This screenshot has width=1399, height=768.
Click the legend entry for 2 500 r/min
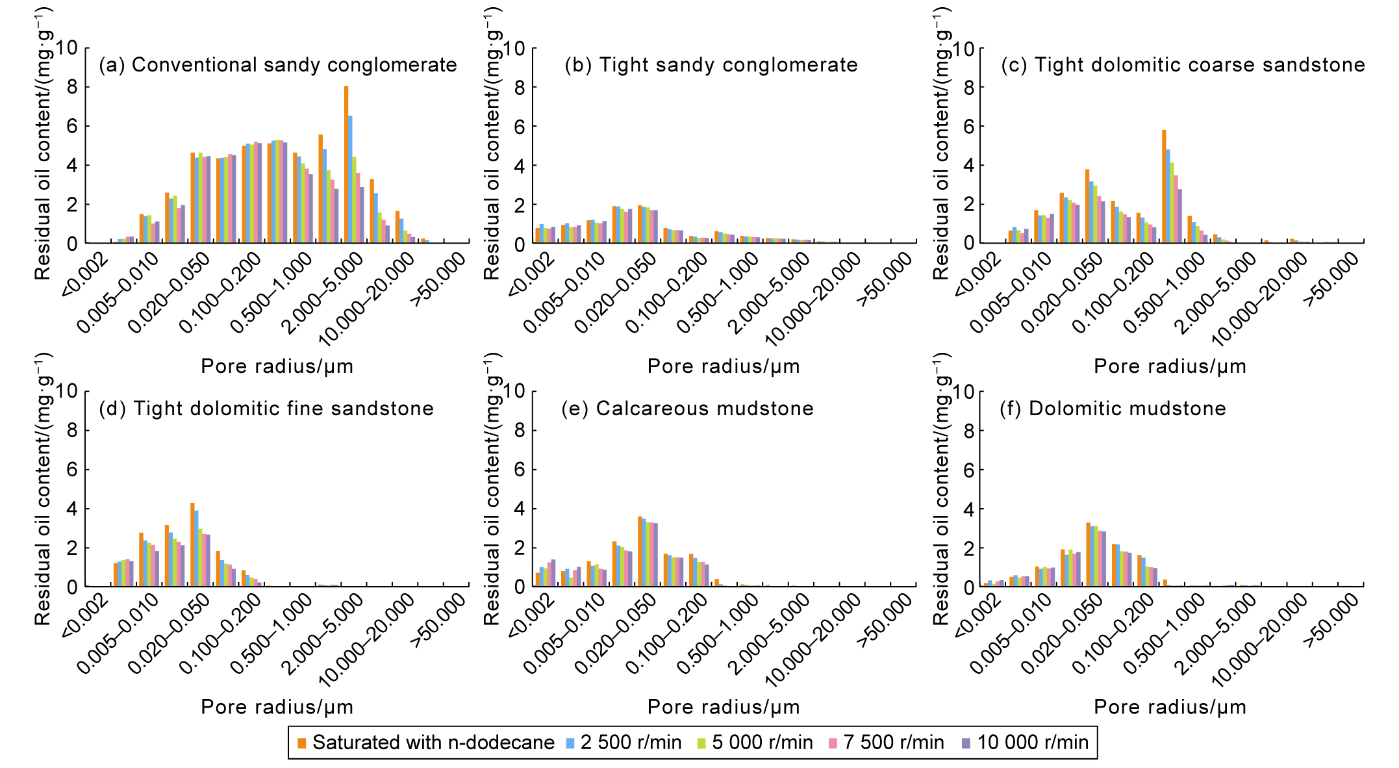click(623, 743)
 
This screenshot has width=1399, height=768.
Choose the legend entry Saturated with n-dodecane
click(426, 743)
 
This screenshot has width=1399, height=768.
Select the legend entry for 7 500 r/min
click(886, 743)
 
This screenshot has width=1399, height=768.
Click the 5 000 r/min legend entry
click(755, 743)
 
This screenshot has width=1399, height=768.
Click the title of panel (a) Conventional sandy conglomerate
click(278, 65)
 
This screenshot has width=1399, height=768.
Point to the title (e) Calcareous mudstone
click(688, 409)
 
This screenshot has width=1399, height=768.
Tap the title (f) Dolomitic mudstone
click(1113, 409)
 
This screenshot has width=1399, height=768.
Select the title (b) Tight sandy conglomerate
click(711, 65)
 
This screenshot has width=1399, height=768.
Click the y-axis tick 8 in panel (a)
click(72, 87)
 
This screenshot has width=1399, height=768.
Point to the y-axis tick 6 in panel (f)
click(968, 470)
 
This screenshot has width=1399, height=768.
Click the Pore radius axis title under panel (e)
click(724, 707)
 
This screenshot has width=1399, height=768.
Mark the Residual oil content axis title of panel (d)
click(43, 490)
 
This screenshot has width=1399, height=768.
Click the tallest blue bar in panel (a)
click(351, 179)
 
